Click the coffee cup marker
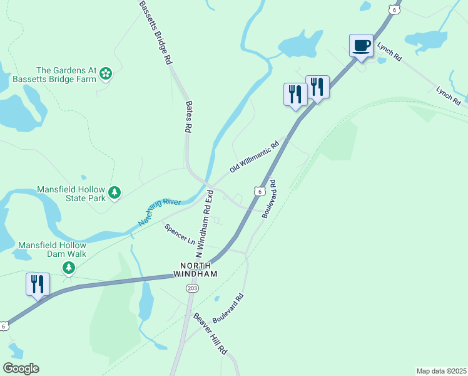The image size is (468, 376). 361,46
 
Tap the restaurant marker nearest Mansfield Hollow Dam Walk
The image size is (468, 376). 38,284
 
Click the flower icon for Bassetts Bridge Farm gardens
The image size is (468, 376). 106,75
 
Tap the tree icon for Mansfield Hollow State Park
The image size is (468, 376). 114,192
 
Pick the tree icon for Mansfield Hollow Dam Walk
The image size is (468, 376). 68,268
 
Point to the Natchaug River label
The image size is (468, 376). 159,211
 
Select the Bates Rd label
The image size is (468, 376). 187,117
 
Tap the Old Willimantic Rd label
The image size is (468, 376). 253,157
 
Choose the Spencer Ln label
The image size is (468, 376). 180,234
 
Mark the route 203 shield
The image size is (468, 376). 191,288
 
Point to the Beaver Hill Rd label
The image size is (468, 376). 210,335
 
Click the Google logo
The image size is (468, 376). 21,368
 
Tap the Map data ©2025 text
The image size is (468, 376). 441,370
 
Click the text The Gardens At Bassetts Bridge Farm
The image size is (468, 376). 66,75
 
